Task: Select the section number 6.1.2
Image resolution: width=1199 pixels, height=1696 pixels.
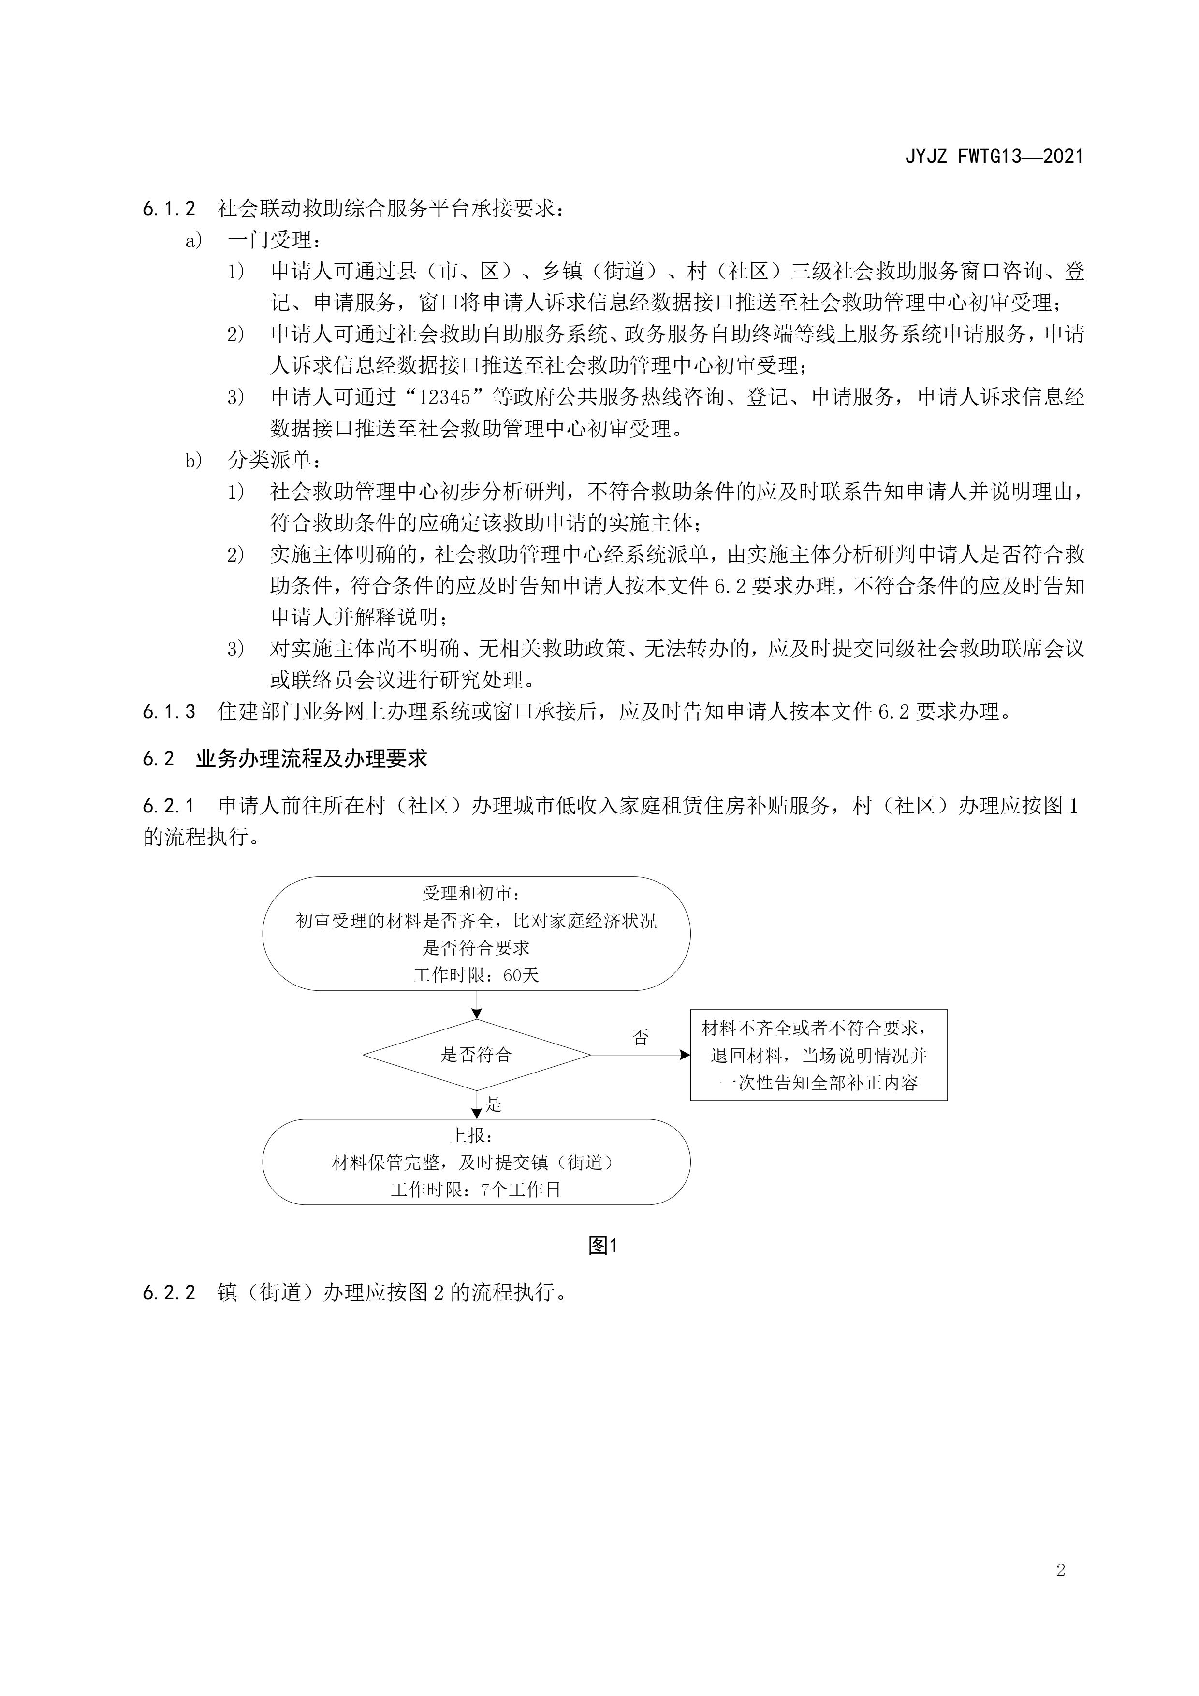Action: click(169, 209)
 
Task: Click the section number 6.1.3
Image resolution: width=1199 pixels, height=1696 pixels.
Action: click(169, 711)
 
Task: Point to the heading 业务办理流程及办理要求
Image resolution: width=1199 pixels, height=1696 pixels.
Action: click(311, 759)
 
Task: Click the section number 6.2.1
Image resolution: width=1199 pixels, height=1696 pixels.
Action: click(169, 805)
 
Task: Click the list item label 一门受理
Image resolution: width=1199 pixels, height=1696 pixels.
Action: click(272, 240)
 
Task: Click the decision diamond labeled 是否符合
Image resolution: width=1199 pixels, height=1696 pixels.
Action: click(477, 1055)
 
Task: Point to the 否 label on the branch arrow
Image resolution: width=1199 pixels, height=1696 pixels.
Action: click(641, 1038)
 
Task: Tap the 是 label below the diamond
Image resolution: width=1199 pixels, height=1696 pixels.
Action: click(494, 1104)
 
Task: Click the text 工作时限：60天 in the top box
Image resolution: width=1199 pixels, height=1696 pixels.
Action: click(477, 975)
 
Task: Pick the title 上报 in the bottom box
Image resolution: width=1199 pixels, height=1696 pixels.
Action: click(473, 1135)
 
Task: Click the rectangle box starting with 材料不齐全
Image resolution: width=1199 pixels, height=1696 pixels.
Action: click(819, 1055)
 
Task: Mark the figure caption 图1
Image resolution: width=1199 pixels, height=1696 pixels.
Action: click(602, 1246)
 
